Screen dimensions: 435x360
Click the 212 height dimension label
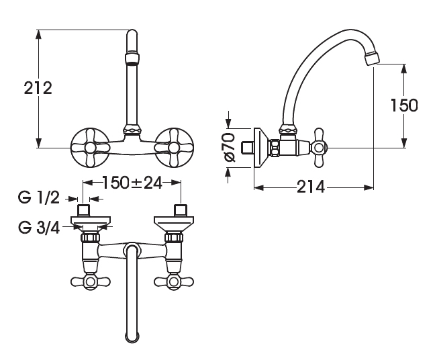38,88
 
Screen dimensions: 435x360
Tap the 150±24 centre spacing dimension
132,183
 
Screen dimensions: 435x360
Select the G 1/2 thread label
39,198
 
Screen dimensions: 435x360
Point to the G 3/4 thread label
39,228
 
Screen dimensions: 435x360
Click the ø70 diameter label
229,147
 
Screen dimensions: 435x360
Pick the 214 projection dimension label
311,187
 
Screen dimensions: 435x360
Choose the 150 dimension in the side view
404,105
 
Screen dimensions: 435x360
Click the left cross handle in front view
89,147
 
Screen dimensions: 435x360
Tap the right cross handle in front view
174,147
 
